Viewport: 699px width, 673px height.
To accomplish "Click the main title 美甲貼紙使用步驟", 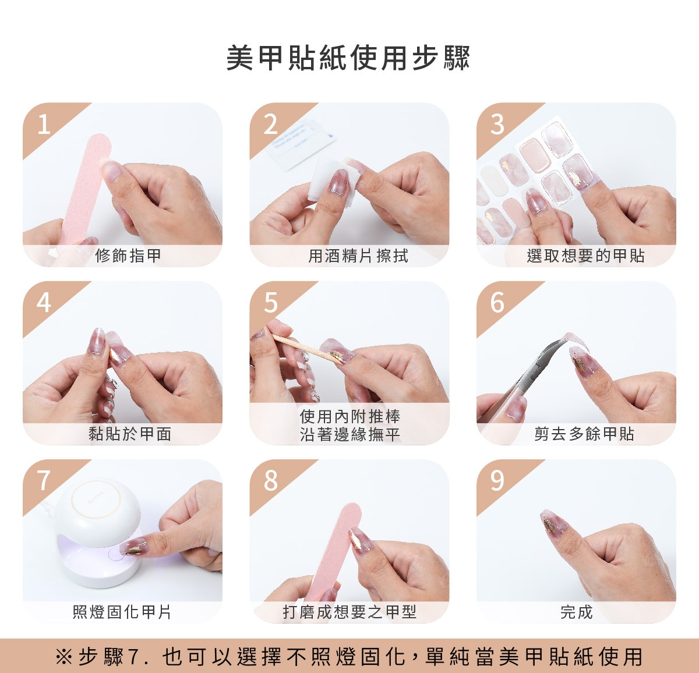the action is (348, 58).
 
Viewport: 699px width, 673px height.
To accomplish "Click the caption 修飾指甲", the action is (128, 256).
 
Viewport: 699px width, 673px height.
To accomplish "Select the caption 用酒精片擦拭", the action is (358, 256).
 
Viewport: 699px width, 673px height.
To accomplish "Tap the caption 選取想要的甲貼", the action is (585, 256).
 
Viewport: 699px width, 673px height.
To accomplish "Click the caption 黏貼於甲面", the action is (129, 434).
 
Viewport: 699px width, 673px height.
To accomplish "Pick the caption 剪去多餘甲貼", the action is (584, 434).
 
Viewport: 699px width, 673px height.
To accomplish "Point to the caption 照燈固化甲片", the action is (122, 612).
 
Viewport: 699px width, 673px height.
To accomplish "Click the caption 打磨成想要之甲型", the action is (349, 612).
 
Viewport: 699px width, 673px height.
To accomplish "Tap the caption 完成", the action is (577, 612).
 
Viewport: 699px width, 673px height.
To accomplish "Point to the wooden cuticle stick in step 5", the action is (307, 349).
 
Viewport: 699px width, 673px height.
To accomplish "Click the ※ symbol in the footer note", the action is (64, 656).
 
